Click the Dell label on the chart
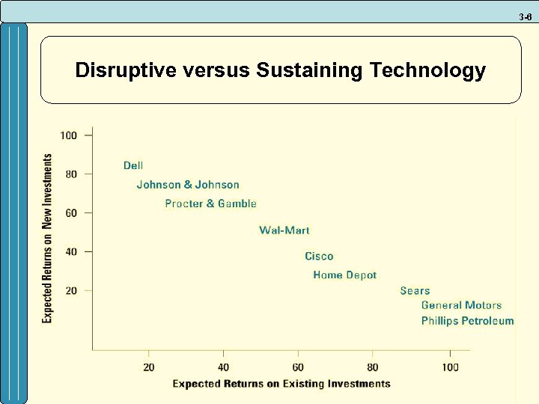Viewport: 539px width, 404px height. [133, 165]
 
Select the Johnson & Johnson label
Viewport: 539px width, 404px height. [188, 185]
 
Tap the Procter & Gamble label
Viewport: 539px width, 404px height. [210, 203]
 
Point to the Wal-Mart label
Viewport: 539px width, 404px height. [284, 230]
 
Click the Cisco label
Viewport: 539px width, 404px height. [319, 257]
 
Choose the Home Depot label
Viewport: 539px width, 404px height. [344, 275]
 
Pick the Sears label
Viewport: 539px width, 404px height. [415, 291]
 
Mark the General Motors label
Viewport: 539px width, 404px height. [461, 305]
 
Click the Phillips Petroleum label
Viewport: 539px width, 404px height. [467, 321]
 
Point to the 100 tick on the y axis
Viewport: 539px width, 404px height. [69, 135]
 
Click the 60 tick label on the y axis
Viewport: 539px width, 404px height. [71, 212]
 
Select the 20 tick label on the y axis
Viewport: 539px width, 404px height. [71, 290]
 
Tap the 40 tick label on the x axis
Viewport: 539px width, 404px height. [223, 367]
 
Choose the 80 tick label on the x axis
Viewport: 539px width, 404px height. [373, 367]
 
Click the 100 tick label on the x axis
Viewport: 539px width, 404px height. [450, 367]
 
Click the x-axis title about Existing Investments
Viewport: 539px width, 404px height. [281, 384]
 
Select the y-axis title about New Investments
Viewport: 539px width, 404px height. [47, 239]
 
